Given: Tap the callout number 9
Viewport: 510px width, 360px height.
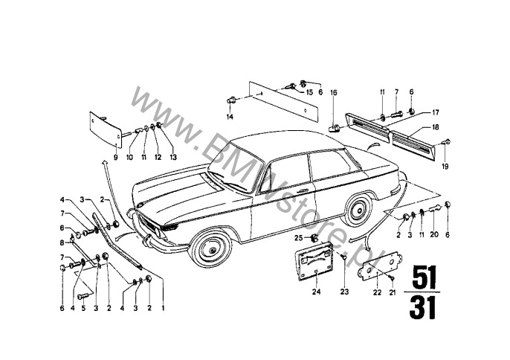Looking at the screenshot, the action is point(115,158).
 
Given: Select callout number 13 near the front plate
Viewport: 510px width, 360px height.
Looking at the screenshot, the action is point(173,158).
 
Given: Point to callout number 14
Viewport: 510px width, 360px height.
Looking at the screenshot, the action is point(230,117).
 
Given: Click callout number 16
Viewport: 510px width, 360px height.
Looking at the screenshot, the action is point(334,93).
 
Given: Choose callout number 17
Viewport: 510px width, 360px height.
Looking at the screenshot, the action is point(436,112).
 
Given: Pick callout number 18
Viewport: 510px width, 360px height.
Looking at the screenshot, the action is point(435,127).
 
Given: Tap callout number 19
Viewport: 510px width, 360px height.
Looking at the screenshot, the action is point(445,167).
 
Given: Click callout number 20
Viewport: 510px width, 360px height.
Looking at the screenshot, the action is point(434,234).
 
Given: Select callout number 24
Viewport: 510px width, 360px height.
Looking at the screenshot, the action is point(316,292).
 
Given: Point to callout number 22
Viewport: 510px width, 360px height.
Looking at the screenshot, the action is point(377,292).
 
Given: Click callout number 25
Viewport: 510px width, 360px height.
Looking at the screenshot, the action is point(299,238).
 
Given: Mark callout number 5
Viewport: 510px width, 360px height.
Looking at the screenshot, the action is point(83,308).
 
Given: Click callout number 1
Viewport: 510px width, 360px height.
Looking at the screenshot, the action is point(163,308).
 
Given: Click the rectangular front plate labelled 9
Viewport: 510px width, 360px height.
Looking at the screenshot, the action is point(106,129).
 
